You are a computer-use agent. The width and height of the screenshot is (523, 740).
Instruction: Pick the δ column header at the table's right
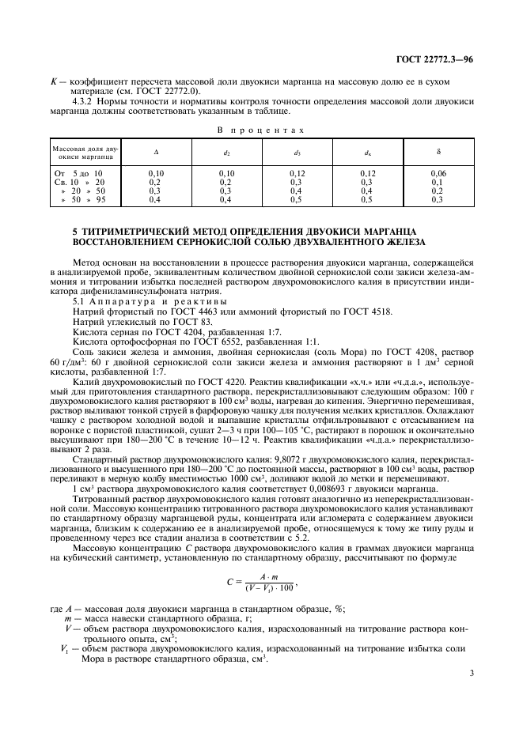[438, 151]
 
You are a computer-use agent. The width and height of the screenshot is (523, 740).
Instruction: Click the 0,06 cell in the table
[438, 172]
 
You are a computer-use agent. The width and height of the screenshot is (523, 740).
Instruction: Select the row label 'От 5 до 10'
[77, 172]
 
